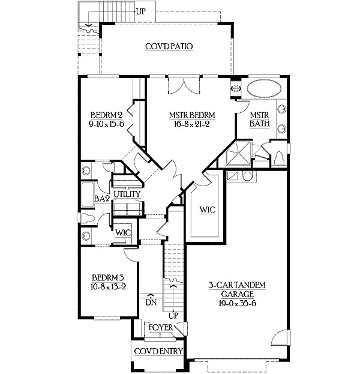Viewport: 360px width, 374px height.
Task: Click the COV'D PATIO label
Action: coord(168,46)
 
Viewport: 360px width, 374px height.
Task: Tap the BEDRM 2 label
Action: coord(107,115)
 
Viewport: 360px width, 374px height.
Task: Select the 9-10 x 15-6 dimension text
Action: coord(107,125)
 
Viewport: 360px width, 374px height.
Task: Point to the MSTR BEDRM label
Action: coord(193,115)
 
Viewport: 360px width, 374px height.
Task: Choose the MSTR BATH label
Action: coord(259,120)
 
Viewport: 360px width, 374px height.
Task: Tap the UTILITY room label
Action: coord(127,195)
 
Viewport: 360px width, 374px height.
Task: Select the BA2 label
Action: coord(102,198)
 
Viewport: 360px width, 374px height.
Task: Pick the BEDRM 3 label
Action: coord(108,277)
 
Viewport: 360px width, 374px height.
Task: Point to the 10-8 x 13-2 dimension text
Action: coord(108,287)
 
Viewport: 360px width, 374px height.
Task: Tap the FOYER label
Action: coord(161,328)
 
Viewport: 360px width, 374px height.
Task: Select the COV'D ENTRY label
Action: coord(158,351)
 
